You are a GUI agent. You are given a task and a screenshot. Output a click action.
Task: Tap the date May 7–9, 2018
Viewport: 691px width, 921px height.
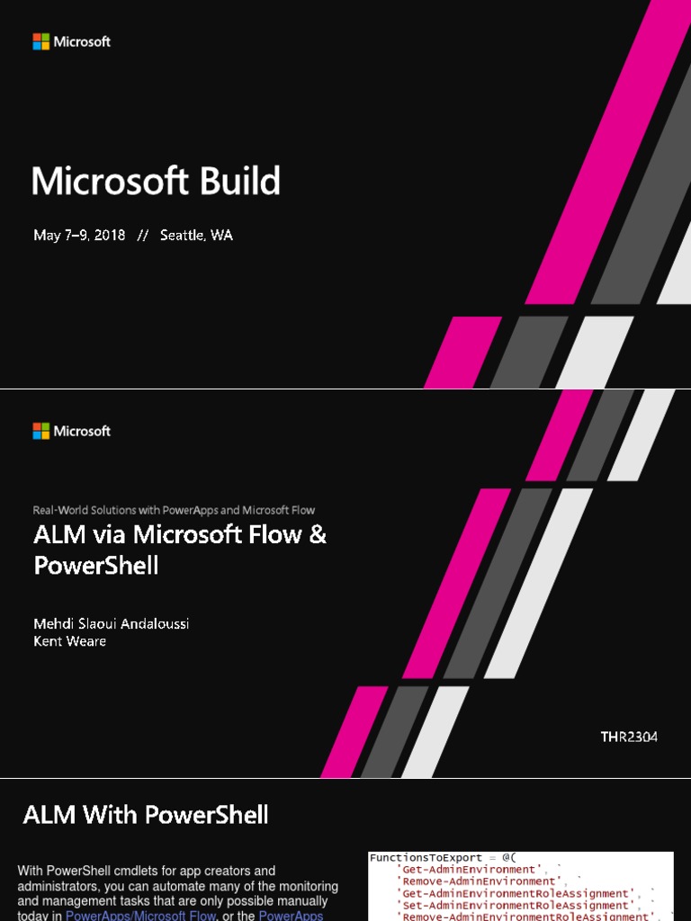[x=79, y=236]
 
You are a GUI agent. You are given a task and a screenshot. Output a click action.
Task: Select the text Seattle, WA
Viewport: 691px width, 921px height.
[x=196, y=236]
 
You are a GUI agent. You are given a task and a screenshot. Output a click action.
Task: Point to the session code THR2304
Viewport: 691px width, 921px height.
[x=629, y=737]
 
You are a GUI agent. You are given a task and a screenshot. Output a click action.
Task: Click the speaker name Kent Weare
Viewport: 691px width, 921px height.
[x=69, y=640]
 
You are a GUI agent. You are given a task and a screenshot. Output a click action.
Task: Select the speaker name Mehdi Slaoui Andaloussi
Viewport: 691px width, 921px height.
[x=112, y=623]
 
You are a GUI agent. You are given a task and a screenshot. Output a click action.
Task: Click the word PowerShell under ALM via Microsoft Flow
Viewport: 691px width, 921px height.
[x=95, y=566]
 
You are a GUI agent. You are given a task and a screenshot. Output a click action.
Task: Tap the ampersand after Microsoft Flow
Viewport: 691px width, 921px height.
[x=317, y=535]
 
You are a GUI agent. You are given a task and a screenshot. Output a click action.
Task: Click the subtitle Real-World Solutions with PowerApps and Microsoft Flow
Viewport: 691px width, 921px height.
[x=174, y=510]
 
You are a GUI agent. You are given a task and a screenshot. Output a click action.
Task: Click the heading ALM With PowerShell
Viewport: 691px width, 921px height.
[x=146, y=815]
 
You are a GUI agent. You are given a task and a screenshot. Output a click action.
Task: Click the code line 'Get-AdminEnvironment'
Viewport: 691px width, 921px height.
[x=468, y=870]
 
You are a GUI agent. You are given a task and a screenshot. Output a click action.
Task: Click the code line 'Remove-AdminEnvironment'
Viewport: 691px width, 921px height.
[x=479, y=881]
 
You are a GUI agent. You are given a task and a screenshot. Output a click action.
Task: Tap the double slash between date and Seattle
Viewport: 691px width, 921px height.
[x=142, y=236]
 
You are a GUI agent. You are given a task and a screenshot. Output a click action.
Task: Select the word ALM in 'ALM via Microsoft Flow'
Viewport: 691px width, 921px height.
[x=57, y=535]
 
